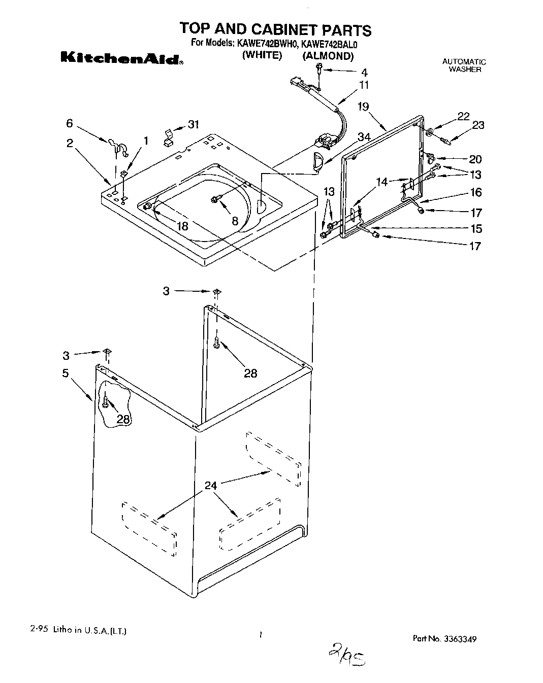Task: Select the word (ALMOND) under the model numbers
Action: (x=328, y=56)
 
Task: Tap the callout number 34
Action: (x=363, y=137)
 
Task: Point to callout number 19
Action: (x=363, y=107)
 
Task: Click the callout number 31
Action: (x=193, y=124)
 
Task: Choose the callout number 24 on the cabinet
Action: (x=210, y=486)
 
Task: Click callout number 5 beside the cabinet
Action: (x=66, y=373)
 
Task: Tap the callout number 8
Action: (x=235, y=221)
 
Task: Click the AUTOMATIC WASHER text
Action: (x=464, y=65)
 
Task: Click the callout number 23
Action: (x=478, y=125)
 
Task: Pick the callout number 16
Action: (x=475, y=192)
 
